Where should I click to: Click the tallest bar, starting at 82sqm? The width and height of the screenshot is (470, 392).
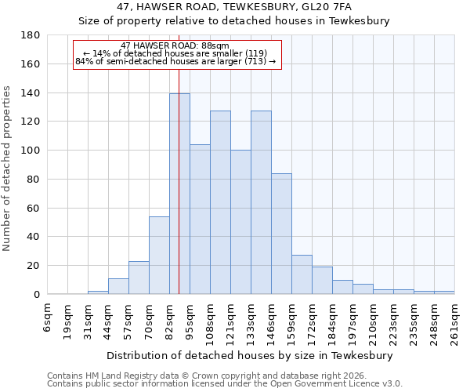tap(179, 194)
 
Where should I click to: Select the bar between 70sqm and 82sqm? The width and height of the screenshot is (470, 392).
tap(159, 255)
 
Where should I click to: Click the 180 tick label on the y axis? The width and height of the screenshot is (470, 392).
tap(31, 35)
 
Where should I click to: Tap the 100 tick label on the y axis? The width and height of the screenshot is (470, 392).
tap(31, 151)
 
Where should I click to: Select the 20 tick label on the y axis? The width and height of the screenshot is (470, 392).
tap(34, 266)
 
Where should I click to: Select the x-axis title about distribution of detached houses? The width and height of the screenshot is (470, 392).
tap(251, 355)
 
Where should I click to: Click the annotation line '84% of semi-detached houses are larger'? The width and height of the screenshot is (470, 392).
tap(175, 61)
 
